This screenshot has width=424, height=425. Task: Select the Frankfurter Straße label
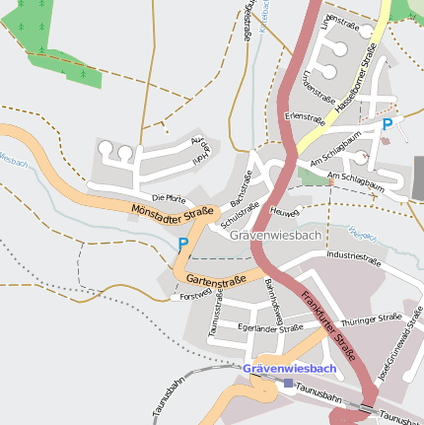pyautogui.click(x=328, y=324)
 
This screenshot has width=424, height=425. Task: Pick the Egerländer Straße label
pyautogui.click(x=270, y=328)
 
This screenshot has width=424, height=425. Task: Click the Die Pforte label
pyautogui.click(x=169, y=197)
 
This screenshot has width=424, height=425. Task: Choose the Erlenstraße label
pyautogui.click(x=304, y=115)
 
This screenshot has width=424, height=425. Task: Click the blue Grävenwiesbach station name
pyautogui.click(x=289, y=369)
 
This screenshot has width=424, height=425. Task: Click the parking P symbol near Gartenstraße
pyautogui.click(x=182, y=244)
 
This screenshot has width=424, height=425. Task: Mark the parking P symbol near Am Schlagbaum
pyautogui.click(x=388, y=124)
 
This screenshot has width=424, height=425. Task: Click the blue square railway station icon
pyautogui.click(x=287, y=383)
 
